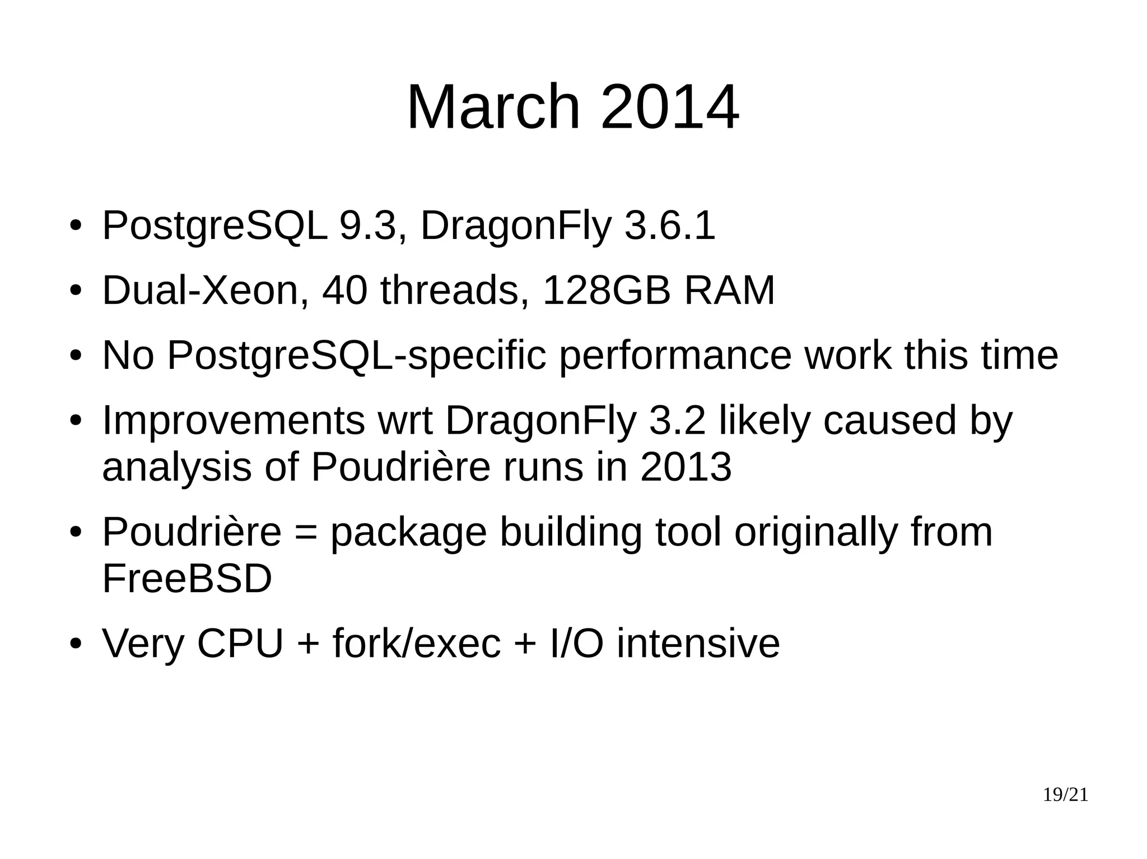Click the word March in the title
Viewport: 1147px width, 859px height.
click(x=493, y=107)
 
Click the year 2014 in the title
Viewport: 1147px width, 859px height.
click(x=669, y=107)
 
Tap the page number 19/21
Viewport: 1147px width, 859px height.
click(x=1065, y=795)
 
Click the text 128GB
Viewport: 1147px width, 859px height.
click(x=607, y=290)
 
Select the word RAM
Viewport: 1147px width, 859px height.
click(x=729, y=290)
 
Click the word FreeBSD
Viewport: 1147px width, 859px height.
click(x=187, y=579)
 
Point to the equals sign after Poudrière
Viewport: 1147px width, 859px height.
click(x=305, y=533)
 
